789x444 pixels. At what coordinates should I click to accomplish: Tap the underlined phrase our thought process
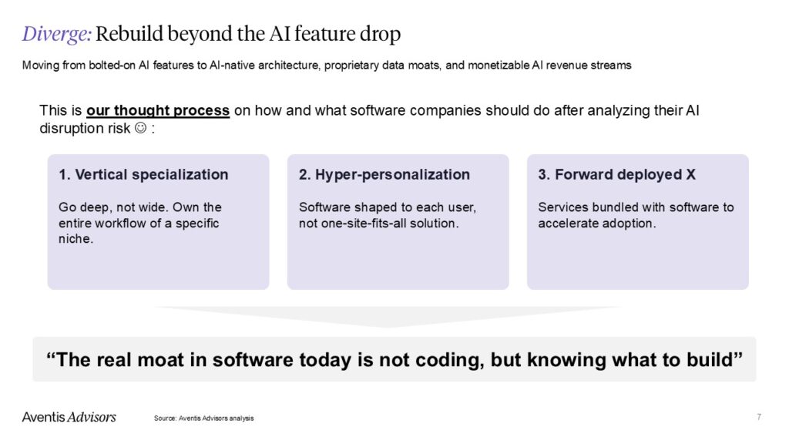coord(158,110)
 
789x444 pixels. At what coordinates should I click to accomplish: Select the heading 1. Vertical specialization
coord(143,175)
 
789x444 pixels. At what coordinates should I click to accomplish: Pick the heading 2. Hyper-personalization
coord(384,175)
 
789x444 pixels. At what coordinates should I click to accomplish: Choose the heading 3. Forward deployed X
coord(616,175)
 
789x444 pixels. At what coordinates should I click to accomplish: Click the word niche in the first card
coord(76,240)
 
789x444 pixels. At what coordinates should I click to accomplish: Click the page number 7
coord(759,417)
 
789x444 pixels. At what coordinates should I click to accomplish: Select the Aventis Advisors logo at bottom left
coord(69,417)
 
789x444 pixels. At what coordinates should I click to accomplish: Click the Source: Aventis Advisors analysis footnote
coord(203,418)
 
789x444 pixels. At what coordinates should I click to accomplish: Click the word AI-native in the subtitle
coord(233,66)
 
